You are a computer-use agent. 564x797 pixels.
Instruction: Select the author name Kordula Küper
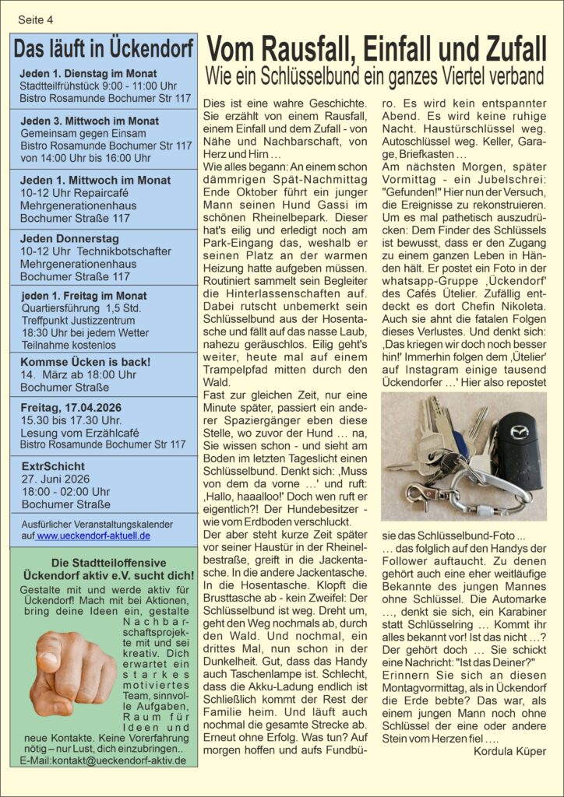[510, 751]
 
